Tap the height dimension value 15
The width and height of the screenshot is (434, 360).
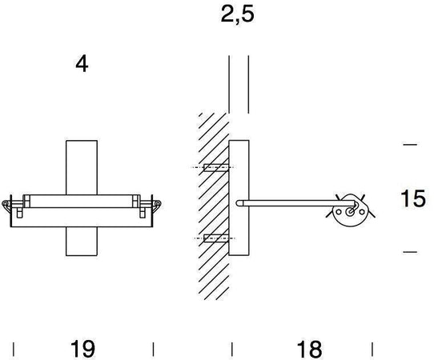point(412,198)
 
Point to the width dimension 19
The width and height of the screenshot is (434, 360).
point(82,349)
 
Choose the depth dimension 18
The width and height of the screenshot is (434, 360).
point(308,349)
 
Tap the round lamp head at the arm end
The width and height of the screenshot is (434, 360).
point(350,210)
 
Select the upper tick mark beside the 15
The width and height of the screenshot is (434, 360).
point(411,145)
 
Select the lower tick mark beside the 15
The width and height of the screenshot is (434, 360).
point(411,253)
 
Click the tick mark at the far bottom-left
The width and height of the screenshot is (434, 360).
point(14,349)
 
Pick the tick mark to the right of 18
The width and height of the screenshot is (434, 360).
point(372,349)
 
